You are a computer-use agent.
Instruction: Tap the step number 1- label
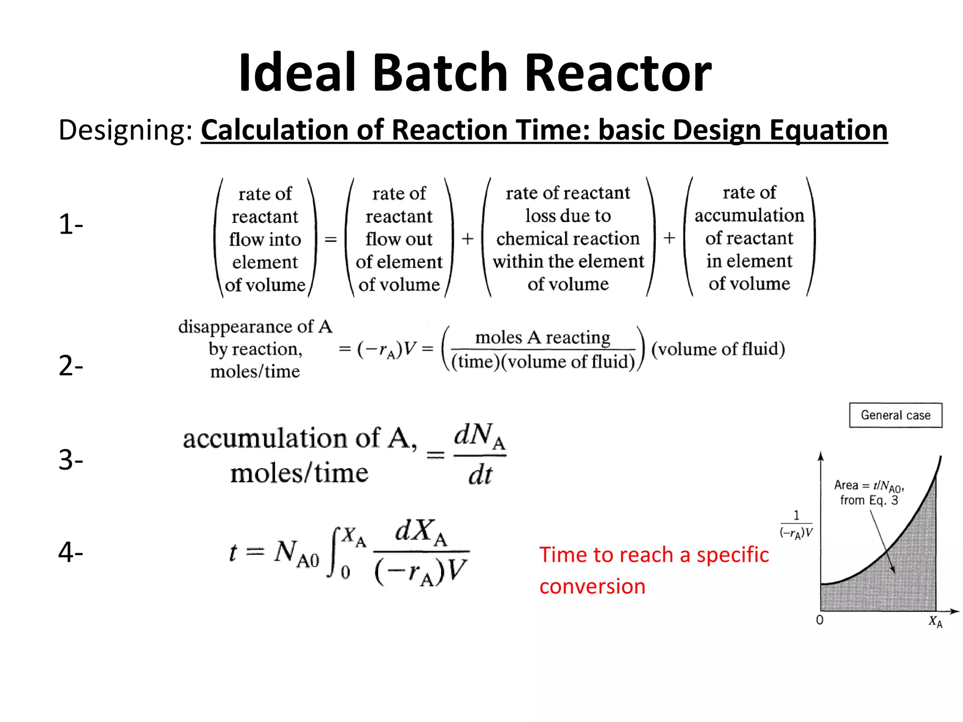[x=71, y=224]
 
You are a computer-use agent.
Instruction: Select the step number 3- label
[x=71, y=460]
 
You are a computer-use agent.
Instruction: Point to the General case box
[x=895, y=415]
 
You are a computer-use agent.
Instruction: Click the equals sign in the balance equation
[x=331, y=239]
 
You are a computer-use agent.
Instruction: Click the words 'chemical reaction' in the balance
[x=568, y=239]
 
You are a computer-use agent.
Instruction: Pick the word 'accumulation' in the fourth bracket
[x=749, y=215]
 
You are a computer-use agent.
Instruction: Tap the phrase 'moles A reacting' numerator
[x=543, y=337]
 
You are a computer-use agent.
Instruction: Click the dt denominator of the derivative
[x=480, y=475]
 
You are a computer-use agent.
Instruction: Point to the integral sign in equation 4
[x=335, y=553]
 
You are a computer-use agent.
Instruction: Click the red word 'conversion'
[x=592, y=587]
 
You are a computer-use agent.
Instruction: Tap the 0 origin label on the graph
[x=820, y=620]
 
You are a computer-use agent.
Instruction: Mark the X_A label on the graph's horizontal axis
[x=935, y=622]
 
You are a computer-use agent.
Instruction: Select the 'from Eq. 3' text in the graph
[x=869, y=500]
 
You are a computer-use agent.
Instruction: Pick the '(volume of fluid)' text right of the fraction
[x=718, y=349]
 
